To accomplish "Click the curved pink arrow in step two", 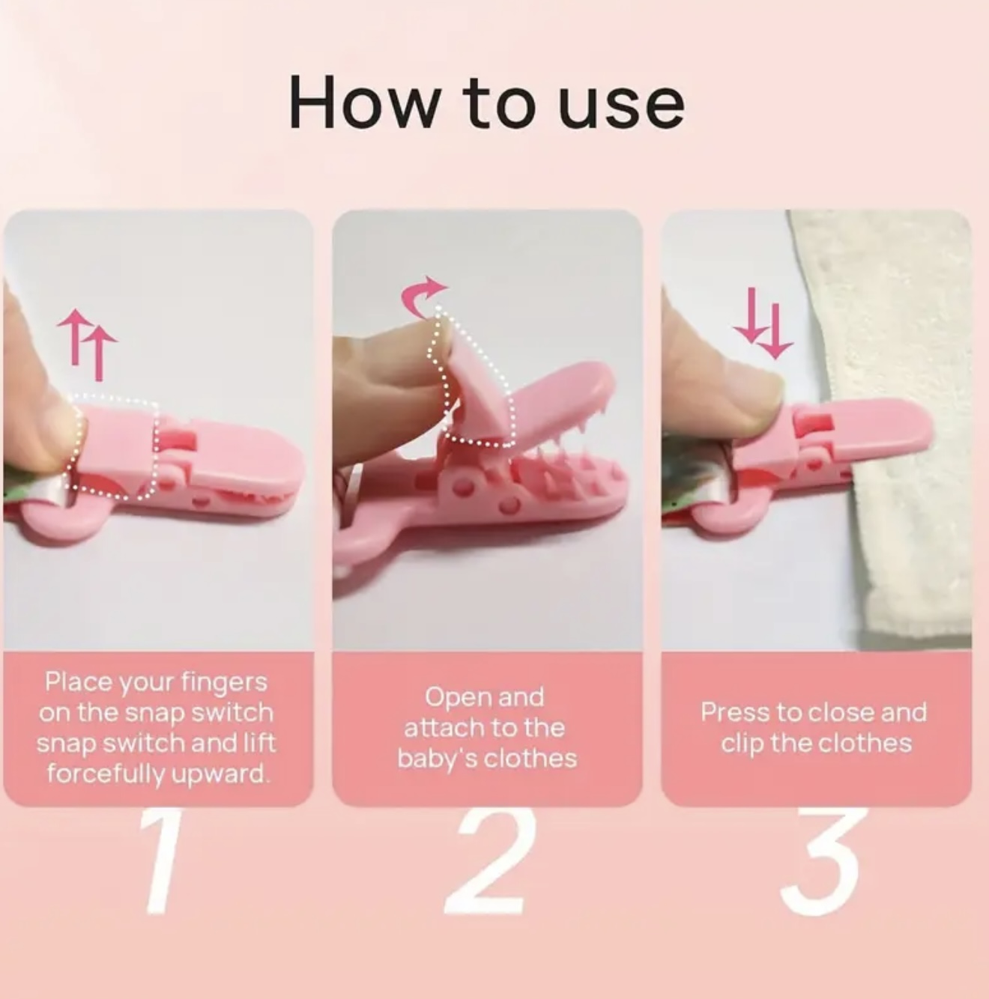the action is (421, 296).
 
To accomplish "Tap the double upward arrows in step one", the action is (87, 344).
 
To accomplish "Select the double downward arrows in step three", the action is (763, 323).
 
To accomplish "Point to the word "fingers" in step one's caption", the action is (224, 683).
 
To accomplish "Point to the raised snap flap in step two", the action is (477, 394).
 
